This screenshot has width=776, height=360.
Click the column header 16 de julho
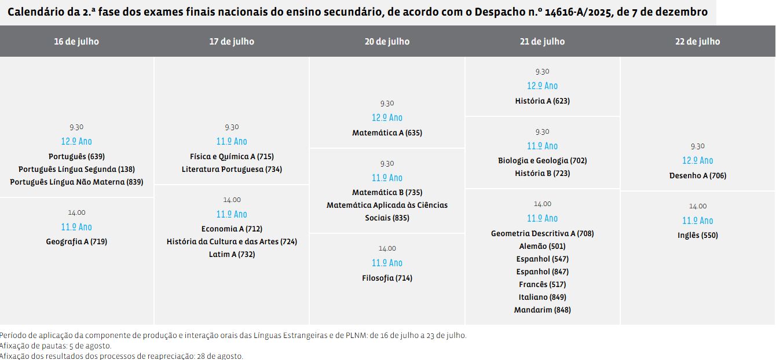76,42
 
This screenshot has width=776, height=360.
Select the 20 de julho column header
387,42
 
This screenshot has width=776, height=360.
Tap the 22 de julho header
697,42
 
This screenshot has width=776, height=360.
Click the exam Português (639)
76,156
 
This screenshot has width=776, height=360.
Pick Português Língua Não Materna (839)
76,182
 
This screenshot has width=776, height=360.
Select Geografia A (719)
76,242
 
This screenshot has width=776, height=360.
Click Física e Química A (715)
232,156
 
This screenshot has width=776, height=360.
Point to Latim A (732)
232,254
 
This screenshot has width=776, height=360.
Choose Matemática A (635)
387,133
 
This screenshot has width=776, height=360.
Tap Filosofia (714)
387,278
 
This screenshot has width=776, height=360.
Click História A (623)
542,101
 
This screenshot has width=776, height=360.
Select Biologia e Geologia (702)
542,160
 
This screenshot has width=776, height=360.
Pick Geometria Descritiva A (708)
542,233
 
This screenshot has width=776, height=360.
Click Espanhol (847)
542,271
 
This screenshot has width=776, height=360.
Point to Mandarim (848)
542,310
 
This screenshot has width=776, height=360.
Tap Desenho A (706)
697,175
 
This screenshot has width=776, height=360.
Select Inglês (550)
697,235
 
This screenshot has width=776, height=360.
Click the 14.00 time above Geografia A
76,212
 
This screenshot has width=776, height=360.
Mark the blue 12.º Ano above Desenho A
697,160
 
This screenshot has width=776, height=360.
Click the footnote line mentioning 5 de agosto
56,346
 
